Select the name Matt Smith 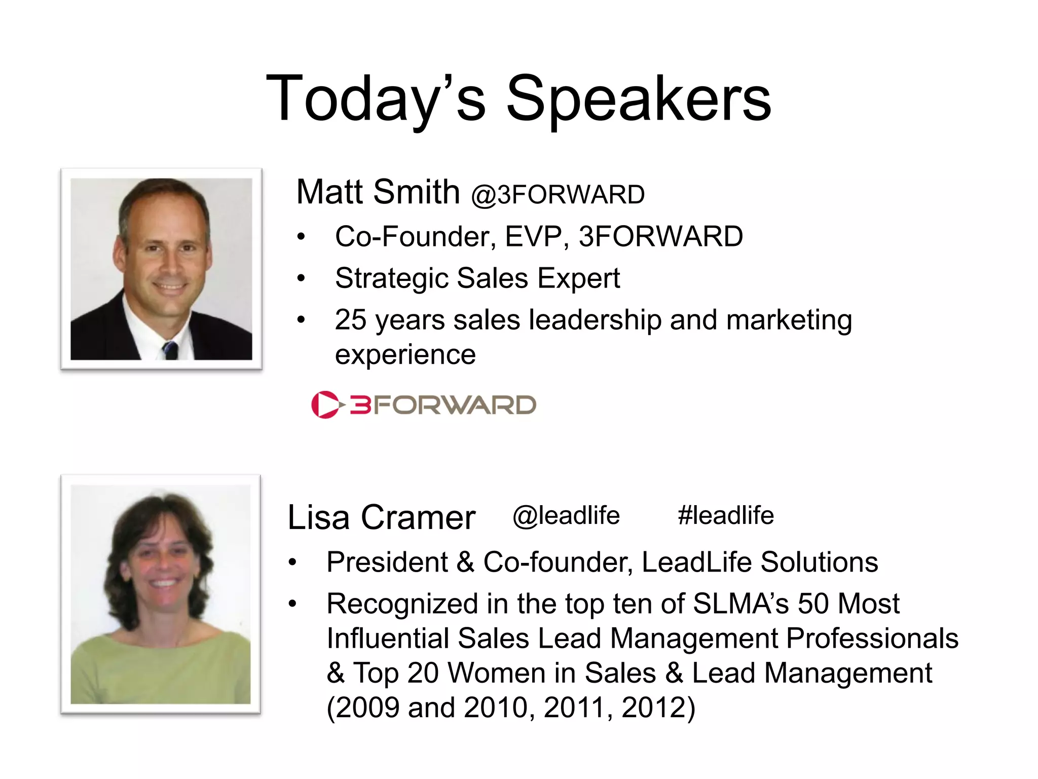click(x=378, y=192)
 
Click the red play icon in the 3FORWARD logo click(x=324, y=405)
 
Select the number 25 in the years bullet click(x=350, y=320)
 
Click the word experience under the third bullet click(x=405, y=354)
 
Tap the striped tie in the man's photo click(x=170, y=350)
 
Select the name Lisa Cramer click(x=381, y=518)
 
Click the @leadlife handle click(x=566, y=516)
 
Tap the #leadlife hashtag click(x=726, y=516)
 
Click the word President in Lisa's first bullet click(x=387, y=562)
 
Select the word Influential click(x=388, y=639)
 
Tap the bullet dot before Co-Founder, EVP click(x=302, y=237)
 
